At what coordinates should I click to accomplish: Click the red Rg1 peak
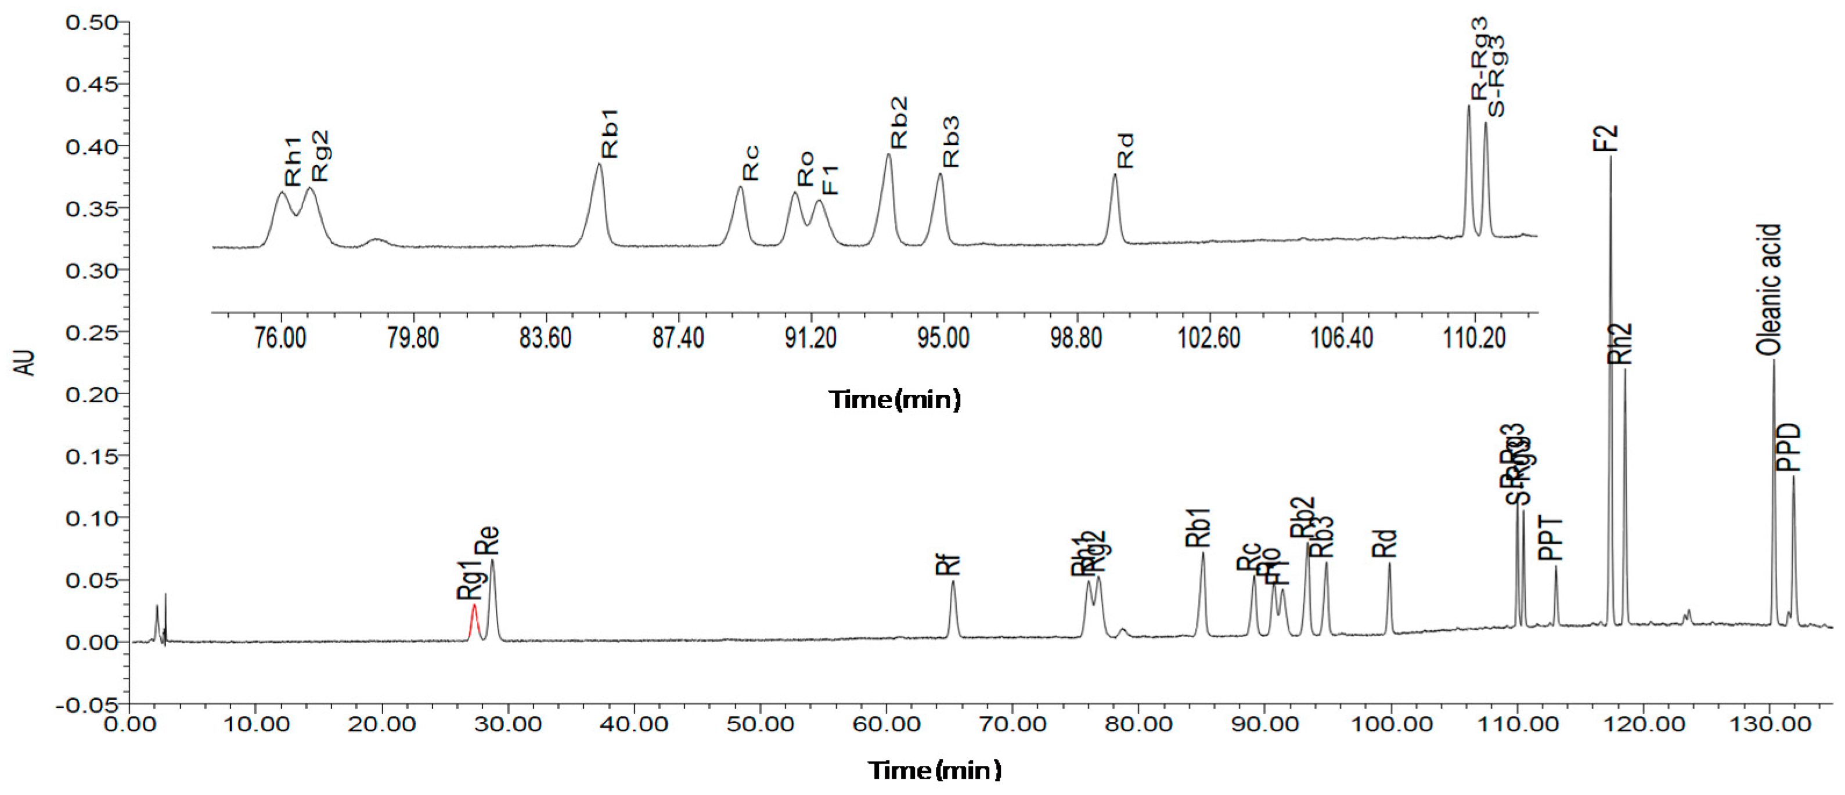coord(473,621)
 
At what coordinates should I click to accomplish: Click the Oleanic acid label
coord(1768,290)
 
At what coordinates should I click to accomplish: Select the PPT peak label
coord(1551,538)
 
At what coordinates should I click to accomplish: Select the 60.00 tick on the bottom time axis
coord(885,724)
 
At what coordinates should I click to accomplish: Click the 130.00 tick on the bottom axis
coord(1768,724)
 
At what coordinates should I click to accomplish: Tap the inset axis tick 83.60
coord(546,337)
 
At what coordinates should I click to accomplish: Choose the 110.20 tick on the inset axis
coord(1474,337)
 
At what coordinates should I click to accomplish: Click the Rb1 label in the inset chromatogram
coord(609,134)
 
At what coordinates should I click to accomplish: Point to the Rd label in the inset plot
coord(1125,150)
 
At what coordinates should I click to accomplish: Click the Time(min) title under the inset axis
coord(895,399)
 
